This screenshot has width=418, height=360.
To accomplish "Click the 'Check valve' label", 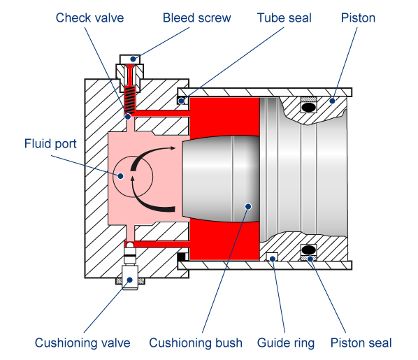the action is [x=89, y=18].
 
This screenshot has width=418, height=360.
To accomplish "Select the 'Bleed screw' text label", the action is [x=196, y=18].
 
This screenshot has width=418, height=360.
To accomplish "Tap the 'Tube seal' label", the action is [x=284, y=18].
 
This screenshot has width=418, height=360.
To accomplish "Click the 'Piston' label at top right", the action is [x=358, y=18].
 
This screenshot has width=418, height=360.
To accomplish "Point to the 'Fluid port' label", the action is [x=50, y=143].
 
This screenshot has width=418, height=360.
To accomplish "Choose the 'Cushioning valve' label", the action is [x=82, y=343].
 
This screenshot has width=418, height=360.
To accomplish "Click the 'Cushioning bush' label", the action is [x=196, y=343].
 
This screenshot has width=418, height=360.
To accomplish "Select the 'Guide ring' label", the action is [x=286, y=343].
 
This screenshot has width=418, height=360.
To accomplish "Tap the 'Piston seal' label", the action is [x=361, y=343].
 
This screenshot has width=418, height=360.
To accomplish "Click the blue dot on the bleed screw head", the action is [x=133, y=59].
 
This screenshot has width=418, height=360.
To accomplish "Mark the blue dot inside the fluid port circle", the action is [x=120, y=176].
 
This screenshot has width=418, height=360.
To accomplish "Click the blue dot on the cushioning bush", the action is [x=248, y=206].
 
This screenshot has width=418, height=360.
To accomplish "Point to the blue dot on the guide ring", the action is [x=273, y=259].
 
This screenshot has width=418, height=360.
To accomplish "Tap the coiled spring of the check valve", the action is [x=130, y=100].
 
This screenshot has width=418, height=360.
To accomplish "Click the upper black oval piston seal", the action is [x=309, y=107].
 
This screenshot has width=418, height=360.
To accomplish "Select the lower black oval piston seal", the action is [x=309, y=250].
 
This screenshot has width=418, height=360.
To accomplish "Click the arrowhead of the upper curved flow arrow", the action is [x=173, y=147].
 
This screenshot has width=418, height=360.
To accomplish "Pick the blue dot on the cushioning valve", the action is [x=130, y=280].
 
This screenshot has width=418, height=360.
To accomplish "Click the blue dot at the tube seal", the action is [x=181, y=101].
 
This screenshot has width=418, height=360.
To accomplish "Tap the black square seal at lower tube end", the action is [x=182, y=257].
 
